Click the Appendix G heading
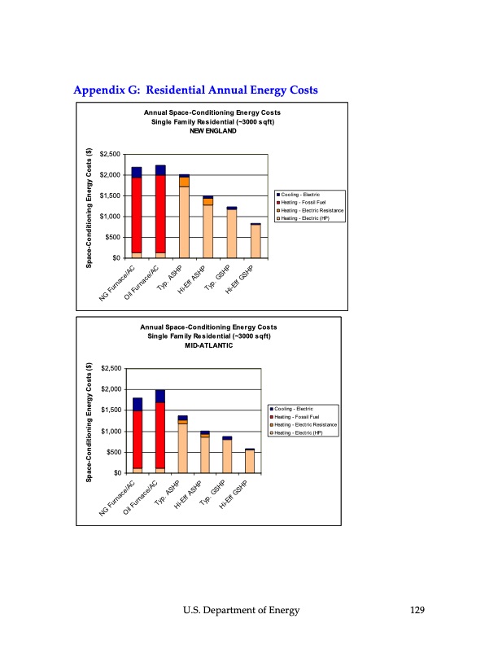pos(195,89)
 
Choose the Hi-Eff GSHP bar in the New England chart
pos(256,241)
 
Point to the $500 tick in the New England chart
pos(114,237)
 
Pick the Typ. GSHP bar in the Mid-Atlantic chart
pos(227,456)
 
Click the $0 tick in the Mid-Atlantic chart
pos(117,472)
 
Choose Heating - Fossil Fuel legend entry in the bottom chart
pos(297,416)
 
